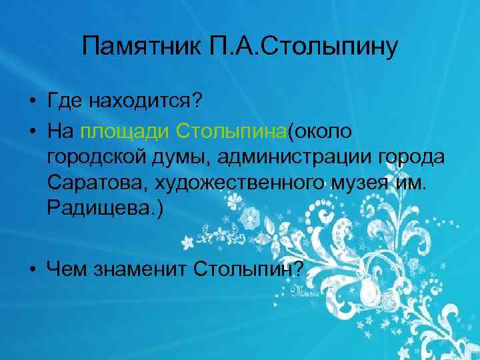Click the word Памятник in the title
pyautogui.click(x=131, y=47)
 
